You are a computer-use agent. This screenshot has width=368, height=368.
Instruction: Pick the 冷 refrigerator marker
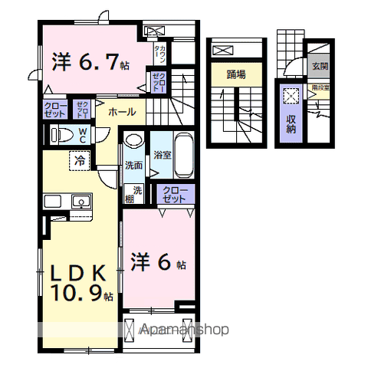pos(80,160)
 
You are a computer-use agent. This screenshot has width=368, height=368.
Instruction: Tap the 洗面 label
pos(133,165)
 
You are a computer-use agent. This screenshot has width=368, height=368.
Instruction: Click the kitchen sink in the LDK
pos(79,202)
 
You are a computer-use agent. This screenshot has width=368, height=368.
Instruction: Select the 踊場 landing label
pos(235,74)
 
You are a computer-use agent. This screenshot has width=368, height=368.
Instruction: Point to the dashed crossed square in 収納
pos(292,97)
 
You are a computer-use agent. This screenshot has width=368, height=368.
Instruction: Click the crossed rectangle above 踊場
pos(223,51)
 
